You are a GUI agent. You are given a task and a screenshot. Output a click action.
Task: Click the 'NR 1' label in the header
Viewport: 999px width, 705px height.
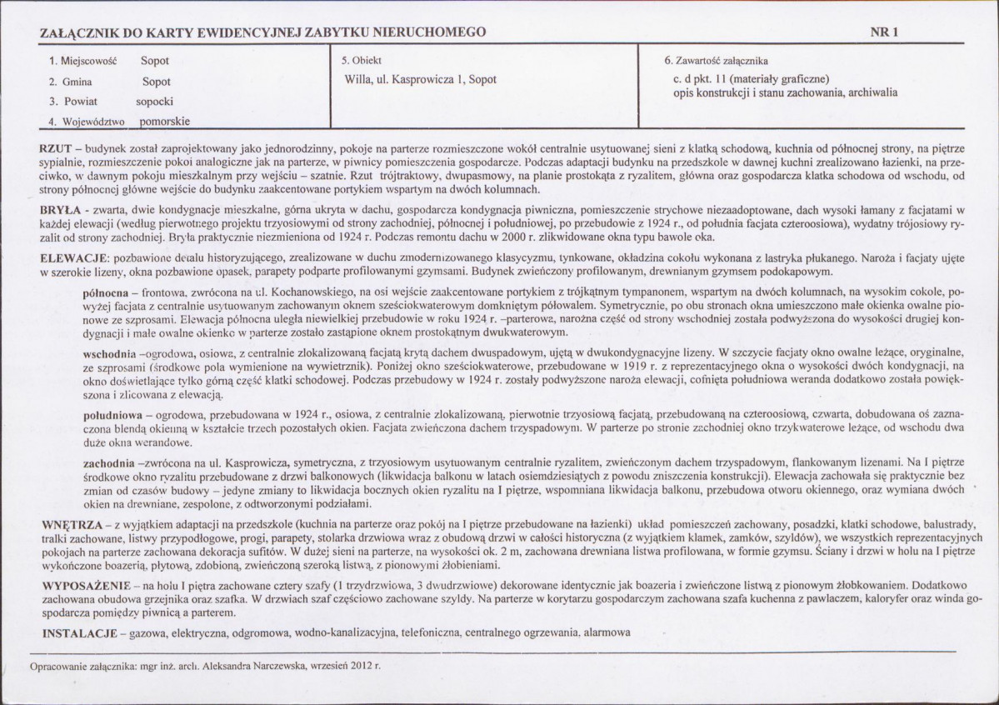coord(883,32)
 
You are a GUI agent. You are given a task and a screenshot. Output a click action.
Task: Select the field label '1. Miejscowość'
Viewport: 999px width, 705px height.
coord(85,61)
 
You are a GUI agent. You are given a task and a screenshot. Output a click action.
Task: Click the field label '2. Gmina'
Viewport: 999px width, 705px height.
coord(71,82)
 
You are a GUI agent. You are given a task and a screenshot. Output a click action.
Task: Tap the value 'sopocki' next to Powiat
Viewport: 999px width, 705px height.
coord(155,102)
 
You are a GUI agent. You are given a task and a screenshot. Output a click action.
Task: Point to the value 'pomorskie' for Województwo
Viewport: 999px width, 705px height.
coord(165,122)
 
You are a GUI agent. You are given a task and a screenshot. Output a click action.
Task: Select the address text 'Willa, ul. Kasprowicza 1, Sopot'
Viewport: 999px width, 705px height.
coord(420,80)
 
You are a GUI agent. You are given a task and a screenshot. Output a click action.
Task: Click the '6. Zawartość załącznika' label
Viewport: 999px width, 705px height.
coord(717,61)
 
